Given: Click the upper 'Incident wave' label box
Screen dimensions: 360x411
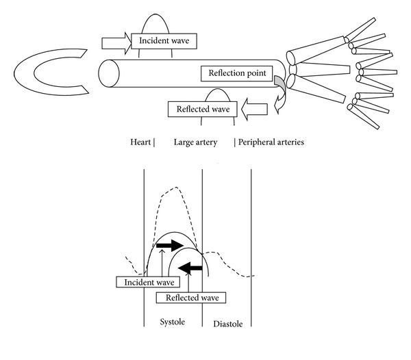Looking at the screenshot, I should coord(164,41).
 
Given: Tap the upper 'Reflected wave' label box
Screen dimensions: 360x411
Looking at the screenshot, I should coord(203,107).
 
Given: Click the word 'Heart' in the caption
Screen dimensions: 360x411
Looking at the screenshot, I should coord(141,143).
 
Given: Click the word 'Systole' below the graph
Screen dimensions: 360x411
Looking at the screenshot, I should coord(172,322).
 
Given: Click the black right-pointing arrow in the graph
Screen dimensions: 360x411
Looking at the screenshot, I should coord(170,245).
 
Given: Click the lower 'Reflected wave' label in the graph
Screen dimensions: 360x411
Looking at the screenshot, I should coord(191,297).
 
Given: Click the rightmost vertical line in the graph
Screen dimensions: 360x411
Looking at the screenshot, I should coord(251,246).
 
